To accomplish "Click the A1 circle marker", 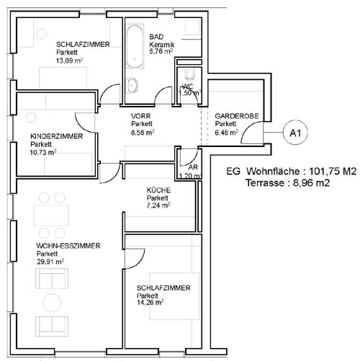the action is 295,133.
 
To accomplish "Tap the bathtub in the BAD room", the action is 135,47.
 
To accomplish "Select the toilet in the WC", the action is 189,74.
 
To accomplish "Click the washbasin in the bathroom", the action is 132,85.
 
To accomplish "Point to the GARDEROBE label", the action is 237,116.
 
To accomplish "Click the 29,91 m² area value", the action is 50,262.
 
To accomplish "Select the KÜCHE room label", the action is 158,190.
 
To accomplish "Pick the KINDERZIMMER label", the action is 56,136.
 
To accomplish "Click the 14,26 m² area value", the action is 150,302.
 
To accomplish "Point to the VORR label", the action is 140,116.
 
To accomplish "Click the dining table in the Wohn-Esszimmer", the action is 51,215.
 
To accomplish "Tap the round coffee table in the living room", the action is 52,302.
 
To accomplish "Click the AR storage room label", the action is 193,167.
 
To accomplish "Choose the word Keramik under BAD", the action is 162,45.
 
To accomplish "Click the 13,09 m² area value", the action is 69,61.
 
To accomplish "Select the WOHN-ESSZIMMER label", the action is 68,246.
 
